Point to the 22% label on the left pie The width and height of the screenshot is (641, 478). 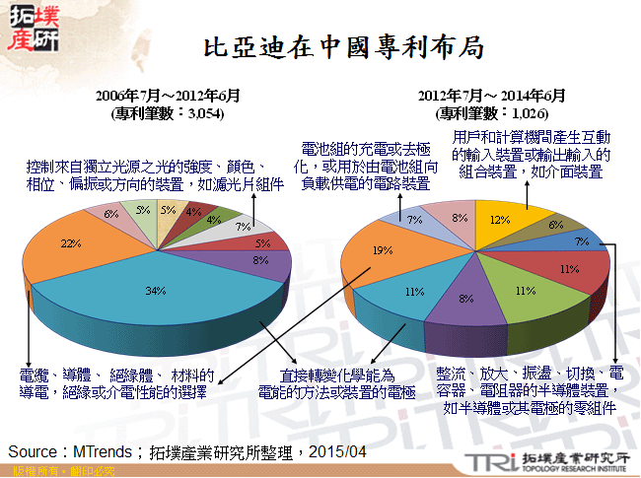point(69,243)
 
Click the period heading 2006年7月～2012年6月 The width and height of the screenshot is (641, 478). point(168,97)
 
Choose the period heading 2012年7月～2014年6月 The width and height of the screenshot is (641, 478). point(491,97)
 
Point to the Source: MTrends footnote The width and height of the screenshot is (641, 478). point(187,450)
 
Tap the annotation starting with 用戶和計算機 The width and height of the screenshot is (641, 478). point(533,155)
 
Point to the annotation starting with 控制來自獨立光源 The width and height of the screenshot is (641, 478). point(153,174)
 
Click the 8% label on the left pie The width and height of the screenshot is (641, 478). point(259,262)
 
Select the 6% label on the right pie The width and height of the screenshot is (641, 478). point(555,225)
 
